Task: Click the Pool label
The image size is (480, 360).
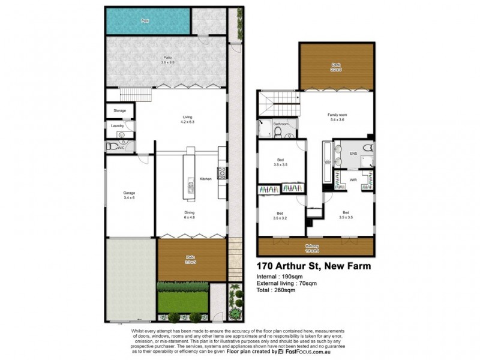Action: pos(145,21)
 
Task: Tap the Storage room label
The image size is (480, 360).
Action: pos(119,111)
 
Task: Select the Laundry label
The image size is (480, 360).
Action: pos(118,126)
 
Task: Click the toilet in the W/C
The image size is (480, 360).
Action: pos(112,145)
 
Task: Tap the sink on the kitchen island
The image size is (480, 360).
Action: pos(190,184)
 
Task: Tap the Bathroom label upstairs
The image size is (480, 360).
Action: pos(281,124)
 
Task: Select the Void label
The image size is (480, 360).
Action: pos(327,163)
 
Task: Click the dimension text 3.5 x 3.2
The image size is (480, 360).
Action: pos(280,218)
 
